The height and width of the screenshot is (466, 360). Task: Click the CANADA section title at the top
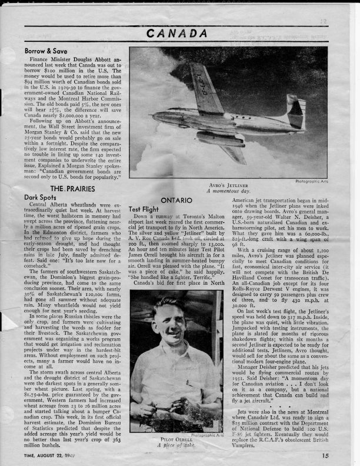click(x=180, y=34)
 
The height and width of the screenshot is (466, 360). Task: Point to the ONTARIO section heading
click(x=177, y=201)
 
